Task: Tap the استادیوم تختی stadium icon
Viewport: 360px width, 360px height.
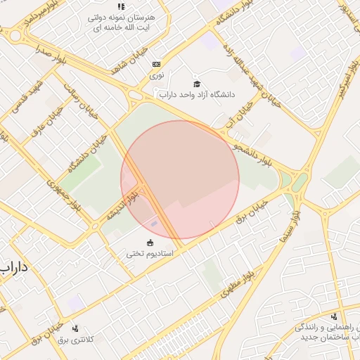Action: point(149,243)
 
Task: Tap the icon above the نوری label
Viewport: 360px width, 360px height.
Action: point(156,65)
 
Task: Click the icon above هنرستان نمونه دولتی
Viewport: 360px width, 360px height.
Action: point(121,6)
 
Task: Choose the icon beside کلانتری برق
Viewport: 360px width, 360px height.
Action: point(75,328)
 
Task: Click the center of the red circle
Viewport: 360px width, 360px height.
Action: point(180,180)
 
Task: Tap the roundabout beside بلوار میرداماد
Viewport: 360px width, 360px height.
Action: point(15,35)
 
